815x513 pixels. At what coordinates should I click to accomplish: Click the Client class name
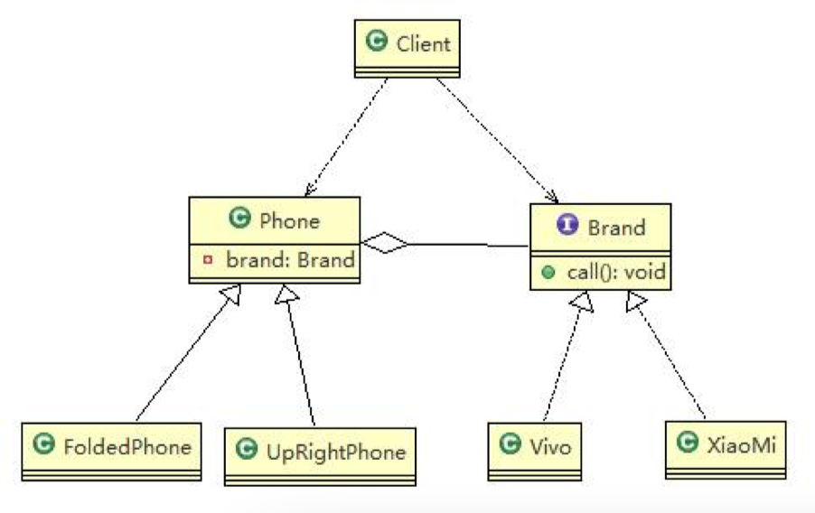click(x=423, y=42)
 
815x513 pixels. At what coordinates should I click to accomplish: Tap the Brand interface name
click(x=616, y=227)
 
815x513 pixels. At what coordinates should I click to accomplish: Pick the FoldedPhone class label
click(x=126, y=446)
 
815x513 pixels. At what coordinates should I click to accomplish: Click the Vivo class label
click(x=550, y=444)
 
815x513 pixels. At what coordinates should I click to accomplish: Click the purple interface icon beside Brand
click(x=567, y=227)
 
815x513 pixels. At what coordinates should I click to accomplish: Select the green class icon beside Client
click(x=376, y=42)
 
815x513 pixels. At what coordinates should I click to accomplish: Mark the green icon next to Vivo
click(x=510, y=444)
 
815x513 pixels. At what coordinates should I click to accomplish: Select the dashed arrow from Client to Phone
click(x=349, y=135)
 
